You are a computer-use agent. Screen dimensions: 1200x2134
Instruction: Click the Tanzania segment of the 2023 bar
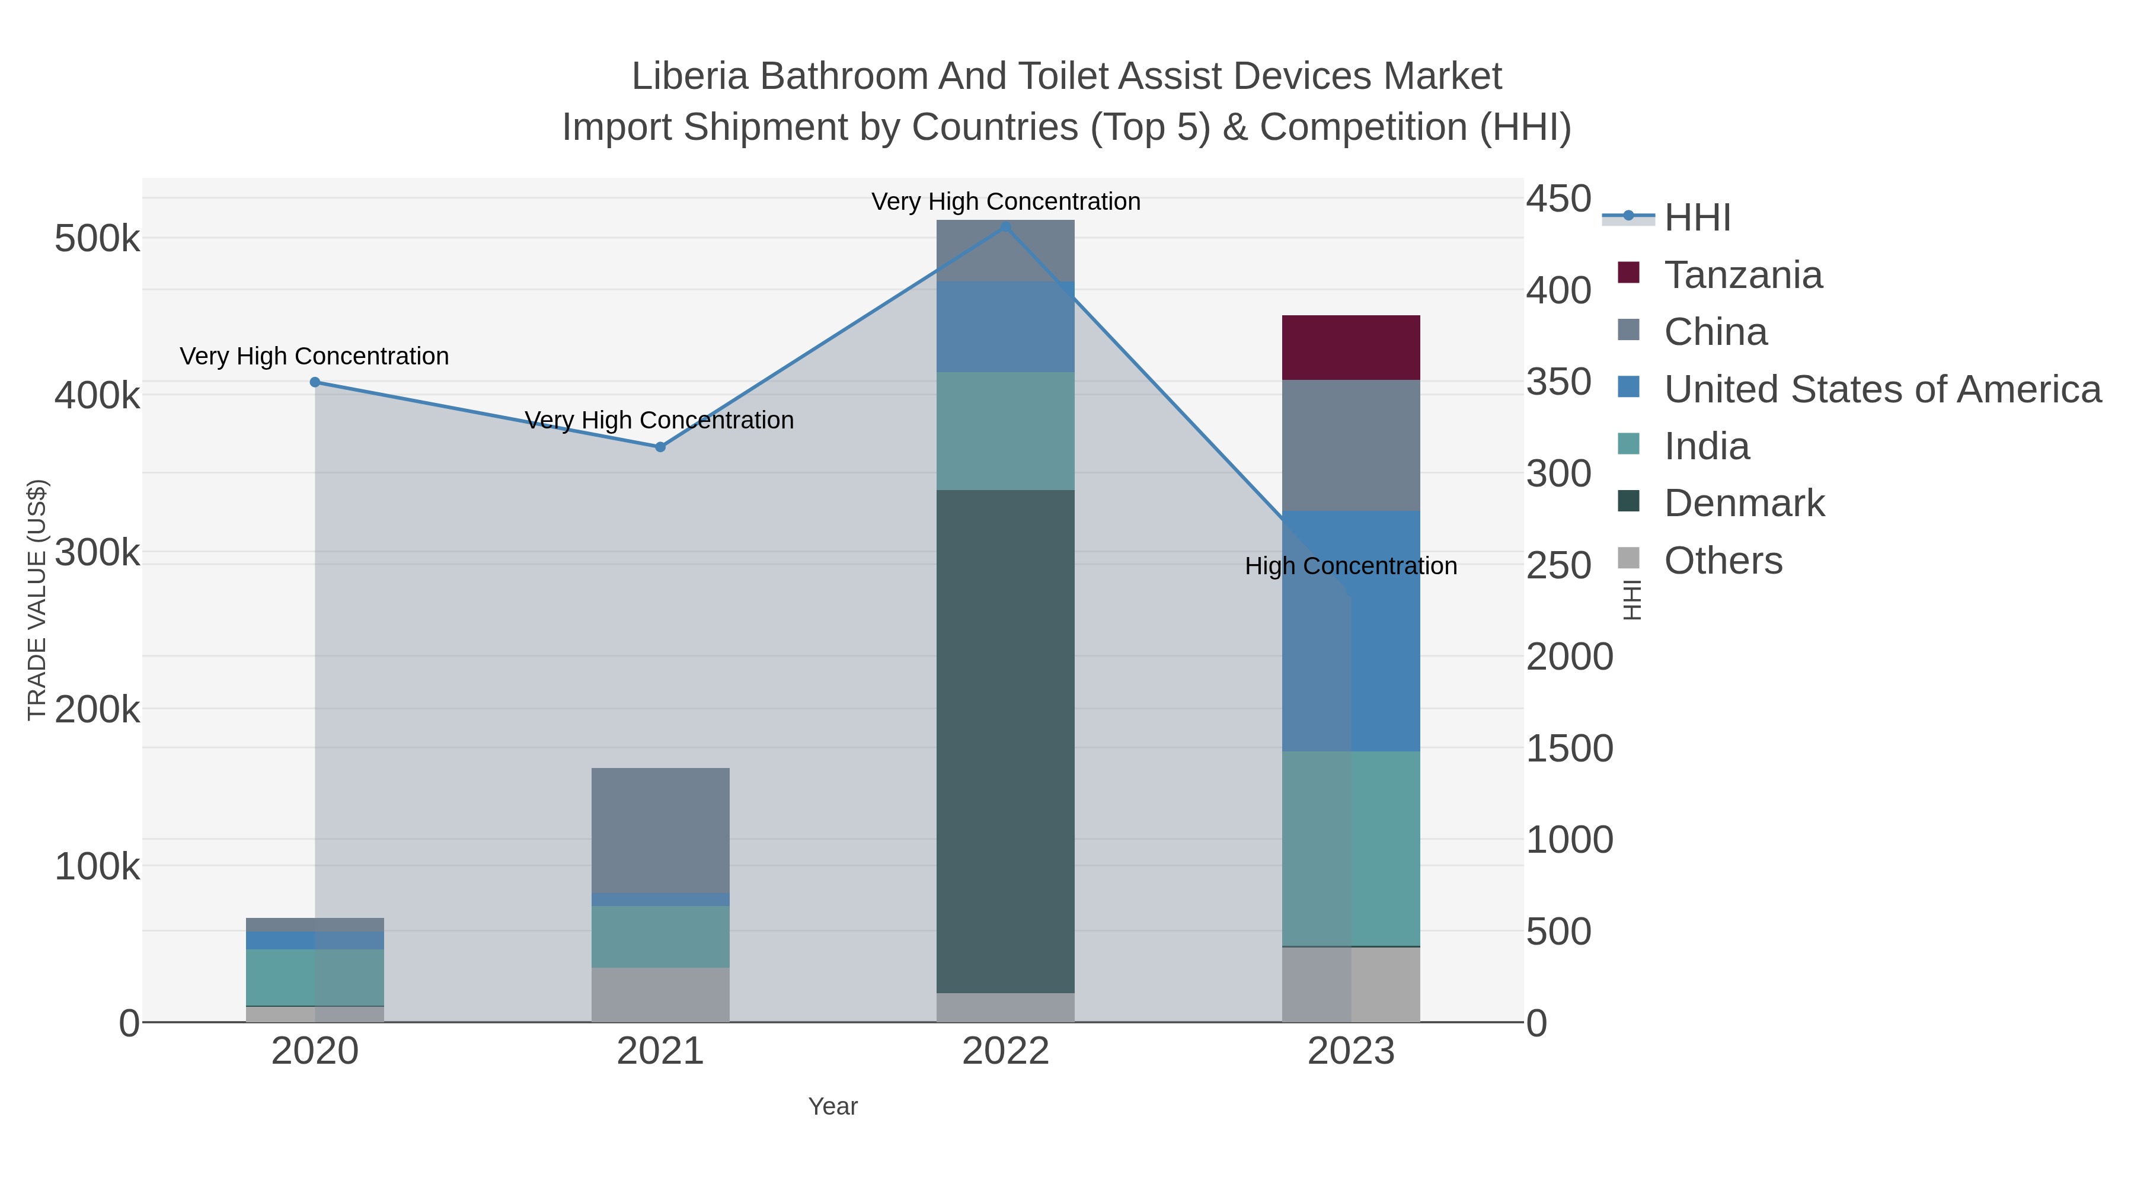(1350, 347)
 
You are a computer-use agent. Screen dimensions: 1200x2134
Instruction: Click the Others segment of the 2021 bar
(660, 994)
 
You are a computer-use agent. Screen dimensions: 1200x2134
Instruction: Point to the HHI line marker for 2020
(315, 382)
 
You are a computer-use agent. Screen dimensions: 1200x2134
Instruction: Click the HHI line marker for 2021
(660, 447)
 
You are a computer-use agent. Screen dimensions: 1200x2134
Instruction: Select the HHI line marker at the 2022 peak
(1006, 226)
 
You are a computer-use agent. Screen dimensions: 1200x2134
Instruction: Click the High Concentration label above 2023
(1350, 566)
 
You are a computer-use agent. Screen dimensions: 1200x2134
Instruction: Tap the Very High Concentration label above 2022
(1006, 201)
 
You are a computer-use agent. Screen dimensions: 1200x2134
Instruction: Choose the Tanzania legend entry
(1743, 275)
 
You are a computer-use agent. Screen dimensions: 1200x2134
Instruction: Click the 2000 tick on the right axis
(1569, 657)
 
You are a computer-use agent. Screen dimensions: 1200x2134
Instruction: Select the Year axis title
(833, 1106)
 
